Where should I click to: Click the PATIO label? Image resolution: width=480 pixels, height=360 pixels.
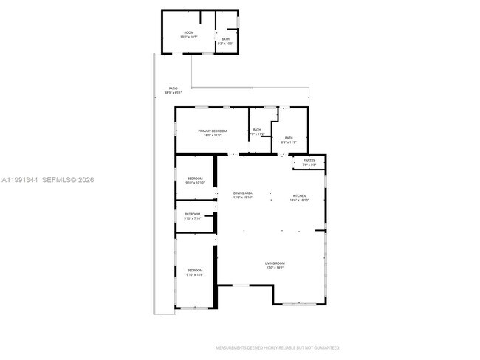[173, 89]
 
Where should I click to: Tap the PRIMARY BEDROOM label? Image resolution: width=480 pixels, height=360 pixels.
[212, 131]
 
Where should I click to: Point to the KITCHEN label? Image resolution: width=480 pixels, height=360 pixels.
[298, 195]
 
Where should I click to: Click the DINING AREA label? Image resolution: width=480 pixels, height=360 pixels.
[243, 193]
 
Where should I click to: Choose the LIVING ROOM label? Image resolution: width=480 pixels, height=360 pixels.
[275, 263]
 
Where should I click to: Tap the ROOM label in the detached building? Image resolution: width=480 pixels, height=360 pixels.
[189, 32]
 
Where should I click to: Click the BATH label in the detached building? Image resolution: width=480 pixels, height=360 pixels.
[225, 39]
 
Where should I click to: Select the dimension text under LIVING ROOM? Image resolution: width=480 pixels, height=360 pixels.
[275, 268]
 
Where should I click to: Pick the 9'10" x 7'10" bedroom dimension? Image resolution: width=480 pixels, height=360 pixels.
[192, 218]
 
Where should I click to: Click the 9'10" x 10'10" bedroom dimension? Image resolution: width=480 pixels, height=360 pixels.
[195, 183]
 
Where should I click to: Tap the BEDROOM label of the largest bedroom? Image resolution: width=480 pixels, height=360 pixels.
[195, 270]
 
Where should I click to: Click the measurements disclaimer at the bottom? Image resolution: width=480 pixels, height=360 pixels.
[277, 347]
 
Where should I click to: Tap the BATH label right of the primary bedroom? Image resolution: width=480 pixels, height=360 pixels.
[257, 130]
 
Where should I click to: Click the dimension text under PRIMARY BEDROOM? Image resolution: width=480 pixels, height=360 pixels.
[212, 135]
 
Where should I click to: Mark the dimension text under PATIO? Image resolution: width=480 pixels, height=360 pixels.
[173, 93]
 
